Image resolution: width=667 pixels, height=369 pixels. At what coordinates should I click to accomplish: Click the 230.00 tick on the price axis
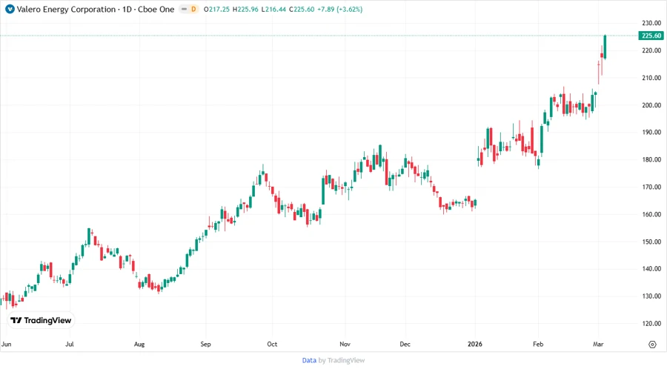[651, 23]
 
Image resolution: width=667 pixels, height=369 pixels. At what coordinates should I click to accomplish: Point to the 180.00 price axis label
[651, 159]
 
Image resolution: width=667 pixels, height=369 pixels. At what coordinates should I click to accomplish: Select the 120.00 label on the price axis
[651, 323]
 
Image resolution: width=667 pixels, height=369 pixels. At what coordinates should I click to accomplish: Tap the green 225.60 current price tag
[651, 36]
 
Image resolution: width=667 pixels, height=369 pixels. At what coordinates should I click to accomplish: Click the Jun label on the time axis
[7, 344]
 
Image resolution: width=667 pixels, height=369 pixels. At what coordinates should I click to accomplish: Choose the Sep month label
[206, 344]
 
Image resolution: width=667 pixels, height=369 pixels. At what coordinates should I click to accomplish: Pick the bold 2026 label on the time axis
[475, 344]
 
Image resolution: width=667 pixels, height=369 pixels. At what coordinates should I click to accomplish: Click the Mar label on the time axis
[599, 344]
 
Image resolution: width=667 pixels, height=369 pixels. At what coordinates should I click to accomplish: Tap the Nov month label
[345, 344]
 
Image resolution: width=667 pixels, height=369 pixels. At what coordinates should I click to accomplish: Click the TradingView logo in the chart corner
[41, 320]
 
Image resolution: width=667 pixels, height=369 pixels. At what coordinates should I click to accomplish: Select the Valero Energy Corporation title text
[66, 10]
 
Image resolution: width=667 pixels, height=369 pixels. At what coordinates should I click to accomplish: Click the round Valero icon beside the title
[10, 10]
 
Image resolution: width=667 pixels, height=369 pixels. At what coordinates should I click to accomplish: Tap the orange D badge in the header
[194, 10]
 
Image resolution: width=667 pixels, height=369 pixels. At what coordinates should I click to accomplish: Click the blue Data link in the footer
[309, 360]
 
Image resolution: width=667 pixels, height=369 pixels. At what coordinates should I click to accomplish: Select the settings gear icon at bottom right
[652, 345]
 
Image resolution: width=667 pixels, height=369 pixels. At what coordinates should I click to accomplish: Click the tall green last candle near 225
[605, 47]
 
